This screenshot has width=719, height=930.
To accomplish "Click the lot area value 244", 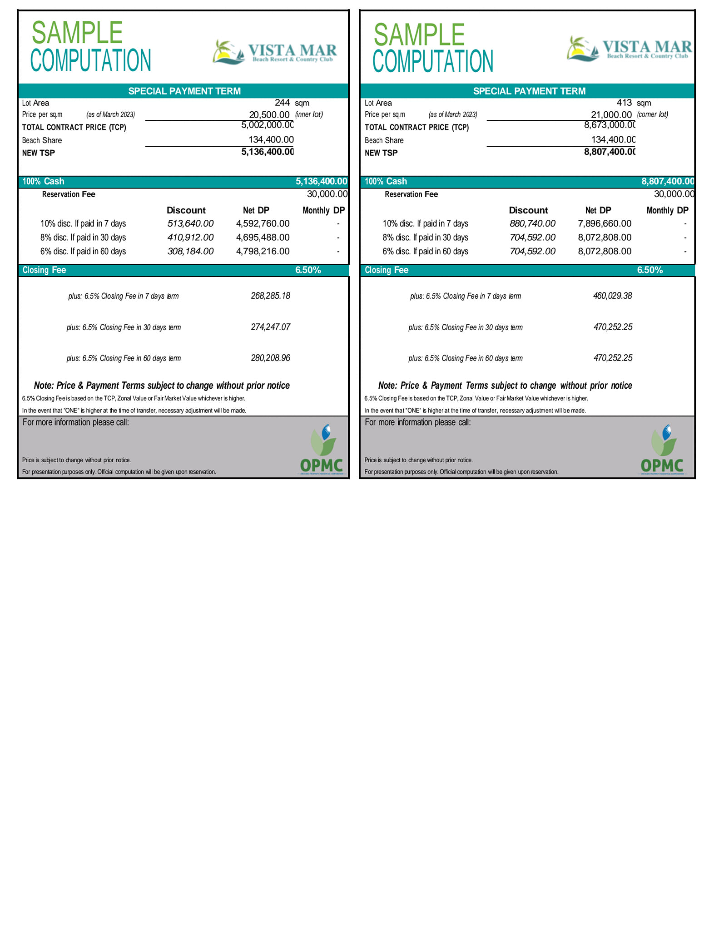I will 282,103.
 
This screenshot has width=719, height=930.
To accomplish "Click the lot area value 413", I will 624,103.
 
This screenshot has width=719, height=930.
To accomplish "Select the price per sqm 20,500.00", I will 269,114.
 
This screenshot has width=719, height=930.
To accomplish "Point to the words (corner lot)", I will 652,114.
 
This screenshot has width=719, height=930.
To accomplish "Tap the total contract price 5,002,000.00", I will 268,125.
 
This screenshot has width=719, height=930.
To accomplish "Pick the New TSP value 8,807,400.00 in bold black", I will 610,152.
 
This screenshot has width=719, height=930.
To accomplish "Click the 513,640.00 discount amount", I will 190,223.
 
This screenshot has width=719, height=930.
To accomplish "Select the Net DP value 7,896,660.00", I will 605,223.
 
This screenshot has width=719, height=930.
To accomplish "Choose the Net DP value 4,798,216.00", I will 263,251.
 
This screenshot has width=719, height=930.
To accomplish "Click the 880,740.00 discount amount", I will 532,223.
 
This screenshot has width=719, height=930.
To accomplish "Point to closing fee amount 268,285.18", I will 270,296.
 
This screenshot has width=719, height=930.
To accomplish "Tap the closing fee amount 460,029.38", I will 612,296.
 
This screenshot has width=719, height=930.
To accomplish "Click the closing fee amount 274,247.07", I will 270,327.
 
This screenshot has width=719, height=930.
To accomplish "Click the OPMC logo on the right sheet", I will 662,450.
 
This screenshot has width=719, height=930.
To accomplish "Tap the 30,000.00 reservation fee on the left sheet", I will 327,194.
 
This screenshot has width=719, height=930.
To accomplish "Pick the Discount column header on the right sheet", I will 528,210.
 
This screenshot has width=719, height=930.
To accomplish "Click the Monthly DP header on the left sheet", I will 323,210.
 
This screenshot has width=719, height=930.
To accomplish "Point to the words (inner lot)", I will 309,114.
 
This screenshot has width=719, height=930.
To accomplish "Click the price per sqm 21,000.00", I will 611,114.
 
